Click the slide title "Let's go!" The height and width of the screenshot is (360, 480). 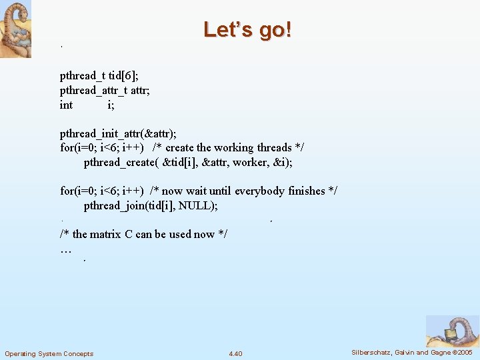coord(247,30)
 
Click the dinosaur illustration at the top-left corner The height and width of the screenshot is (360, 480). coord(15,29)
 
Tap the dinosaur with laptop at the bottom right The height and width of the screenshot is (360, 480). coord(452,331)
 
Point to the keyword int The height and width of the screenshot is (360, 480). coord(66,105)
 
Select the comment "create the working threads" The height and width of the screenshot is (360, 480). coord(229,147)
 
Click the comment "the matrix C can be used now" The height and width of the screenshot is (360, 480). coord(144,234)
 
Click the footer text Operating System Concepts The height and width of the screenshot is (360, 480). coord(49,353)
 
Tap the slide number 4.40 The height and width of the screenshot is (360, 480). coord(235,353)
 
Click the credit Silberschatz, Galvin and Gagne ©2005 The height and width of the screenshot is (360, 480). coord(412,352)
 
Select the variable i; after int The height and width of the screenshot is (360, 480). coord(111,105)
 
